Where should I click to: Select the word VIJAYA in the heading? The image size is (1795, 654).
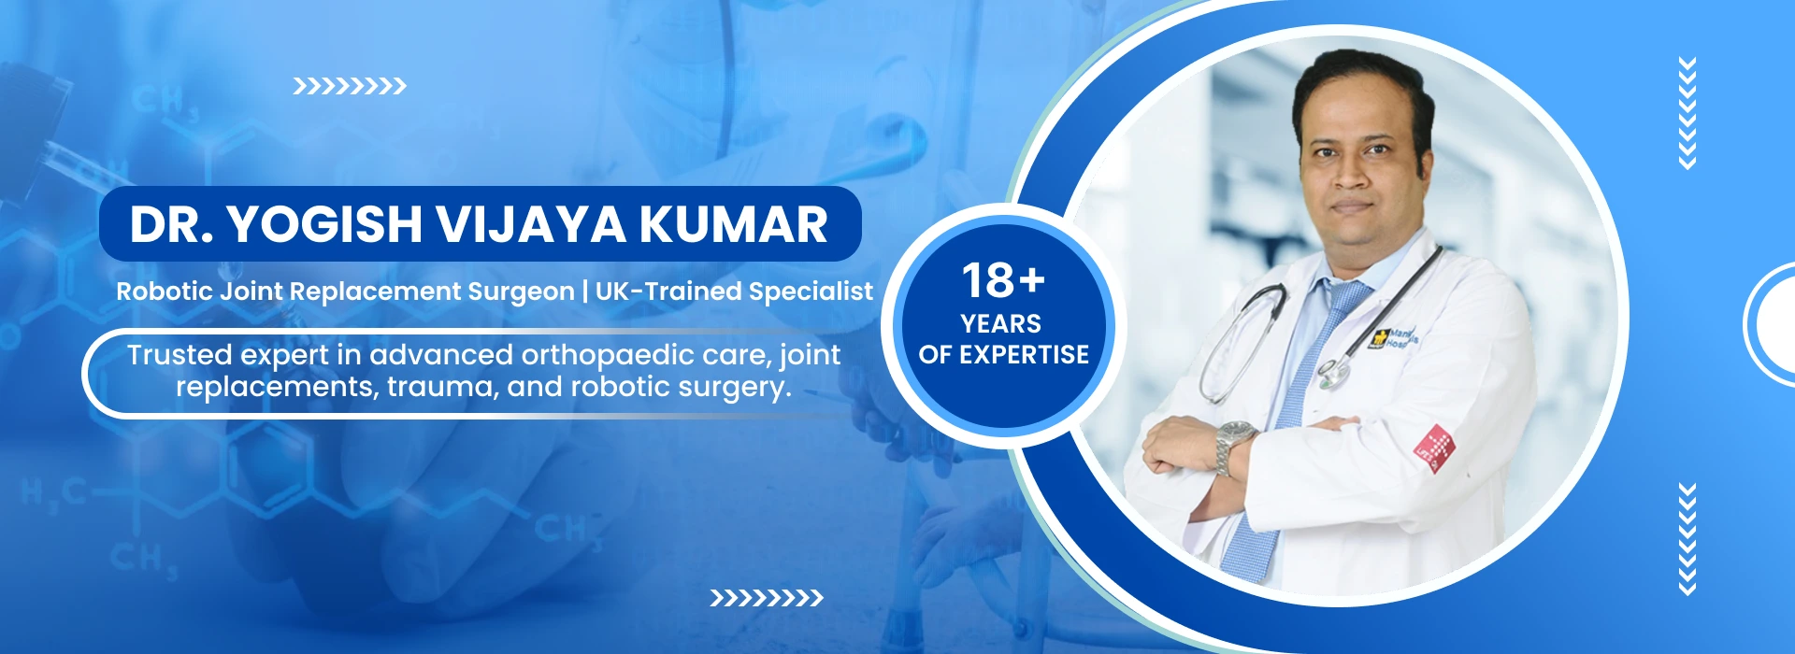pyautogui.click(x=530, y=225)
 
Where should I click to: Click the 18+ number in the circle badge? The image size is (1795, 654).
pyautogui.click(x=1002, y=280)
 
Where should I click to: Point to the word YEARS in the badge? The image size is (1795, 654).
pyautogui.click(x=1000, y=324)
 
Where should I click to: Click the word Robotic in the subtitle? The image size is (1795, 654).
pyautogui.click(x=165, y=291)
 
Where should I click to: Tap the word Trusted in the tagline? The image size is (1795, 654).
pyautogui.click(x=179, y=355)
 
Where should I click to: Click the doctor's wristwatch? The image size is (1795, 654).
pyautogui.click(x=1233, y=445)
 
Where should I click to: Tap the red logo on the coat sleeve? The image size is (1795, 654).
pyautogui.click(x=1434, y=448)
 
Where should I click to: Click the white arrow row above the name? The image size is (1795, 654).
pyautogui.click(x=350, y=87)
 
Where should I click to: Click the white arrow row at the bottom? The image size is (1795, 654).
pyautogui.click(x=767, y=598)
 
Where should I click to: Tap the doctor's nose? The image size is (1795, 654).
pyautogui.click(x=1353, y=178)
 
